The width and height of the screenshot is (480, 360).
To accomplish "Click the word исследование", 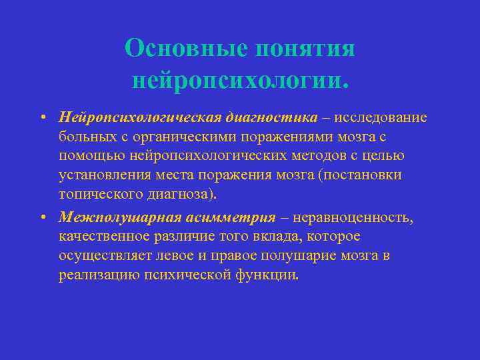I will tap(375, 118).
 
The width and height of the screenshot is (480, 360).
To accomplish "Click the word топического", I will tap(100, 194).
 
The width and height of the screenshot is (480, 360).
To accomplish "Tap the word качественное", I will tap(102, 237).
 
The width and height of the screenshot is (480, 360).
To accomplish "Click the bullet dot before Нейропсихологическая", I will tap(41, 119).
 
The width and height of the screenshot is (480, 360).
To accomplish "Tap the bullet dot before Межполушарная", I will tap(41, 218).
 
